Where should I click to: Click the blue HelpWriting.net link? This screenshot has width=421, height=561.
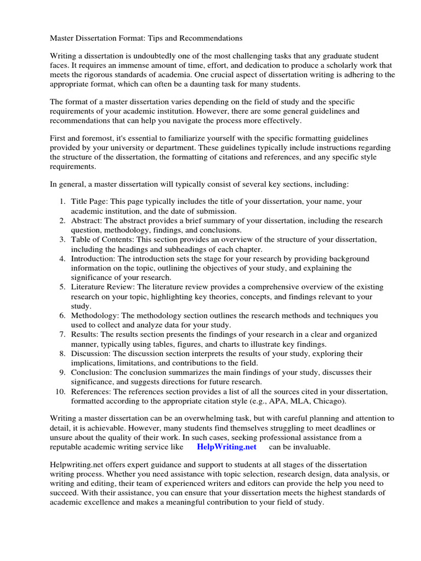pos(226,447)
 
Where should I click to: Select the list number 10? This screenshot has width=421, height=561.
pos(60,392)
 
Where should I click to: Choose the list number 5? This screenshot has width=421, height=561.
pos(62,287)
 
